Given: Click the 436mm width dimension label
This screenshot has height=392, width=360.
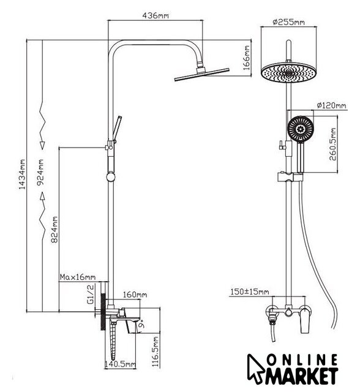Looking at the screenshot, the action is pos(156,15).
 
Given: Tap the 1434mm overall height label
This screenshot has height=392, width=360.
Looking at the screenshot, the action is pos(23,174).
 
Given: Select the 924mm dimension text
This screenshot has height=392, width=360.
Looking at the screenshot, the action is pos(40,172).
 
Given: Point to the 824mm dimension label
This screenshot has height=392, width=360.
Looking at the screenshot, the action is pos(54,230).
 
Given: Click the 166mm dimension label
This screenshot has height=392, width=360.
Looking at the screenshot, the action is pos(246,58).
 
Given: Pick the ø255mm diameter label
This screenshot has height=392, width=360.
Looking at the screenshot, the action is pos(288,22).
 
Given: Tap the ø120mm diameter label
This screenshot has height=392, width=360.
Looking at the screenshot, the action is pos(331,105).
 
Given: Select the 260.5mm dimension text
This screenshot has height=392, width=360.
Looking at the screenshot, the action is pos(333,145).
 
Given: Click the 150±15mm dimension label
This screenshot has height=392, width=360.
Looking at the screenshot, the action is pos(250,292).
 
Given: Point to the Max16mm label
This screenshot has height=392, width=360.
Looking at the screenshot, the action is pos(78,277).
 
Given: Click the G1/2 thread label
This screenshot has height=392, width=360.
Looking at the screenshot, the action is pos(91,294).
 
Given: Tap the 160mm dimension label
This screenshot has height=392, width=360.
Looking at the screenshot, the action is pos(135,295).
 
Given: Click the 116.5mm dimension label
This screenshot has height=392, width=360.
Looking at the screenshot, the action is pos(156,351).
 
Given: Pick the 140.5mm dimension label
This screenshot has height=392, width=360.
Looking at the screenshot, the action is pos(120,364).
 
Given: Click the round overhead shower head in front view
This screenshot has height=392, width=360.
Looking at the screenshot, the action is pos(288,72).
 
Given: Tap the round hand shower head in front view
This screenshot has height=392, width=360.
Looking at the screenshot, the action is pos(300,129).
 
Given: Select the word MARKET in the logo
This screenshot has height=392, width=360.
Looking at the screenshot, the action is pos(302,375).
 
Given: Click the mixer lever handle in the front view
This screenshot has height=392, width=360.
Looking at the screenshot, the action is pos(306,320).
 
